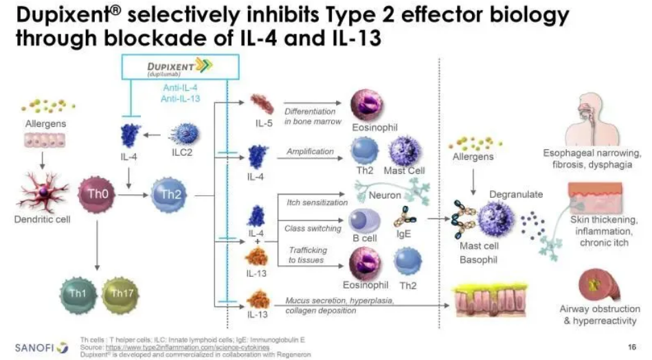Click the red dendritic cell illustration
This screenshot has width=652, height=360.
coord(43,190)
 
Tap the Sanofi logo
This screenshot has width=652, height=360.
coord(42,346)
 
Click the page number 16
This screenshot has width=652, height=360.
coord(631,346)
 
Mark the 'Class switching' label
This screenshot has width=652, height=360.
coord(313,228)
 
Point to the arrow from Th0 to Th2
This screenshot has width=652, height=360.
coord(128,194)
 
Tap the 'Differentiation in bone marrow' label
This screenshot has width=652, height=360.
coord(310,116)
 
